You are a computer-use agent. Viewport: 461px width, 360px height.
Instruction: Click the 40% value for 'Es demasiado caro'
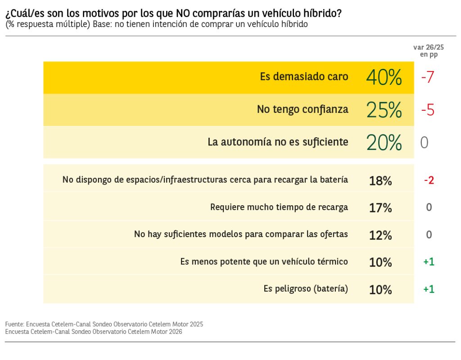click(x=384, y=77)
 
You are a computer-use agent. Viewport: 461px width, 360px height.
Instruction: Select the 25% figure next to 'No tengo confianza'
click(x=384, y=110)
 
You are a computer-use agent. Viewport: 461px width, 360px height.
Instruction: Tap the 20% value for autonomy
click(x=384, y=143)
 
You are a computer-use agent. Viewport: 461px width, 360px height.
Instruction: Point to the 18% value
click(x=380, y=181)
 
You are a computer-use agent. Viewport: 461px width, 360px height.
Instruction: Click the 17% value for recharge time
click(x=380, y=208)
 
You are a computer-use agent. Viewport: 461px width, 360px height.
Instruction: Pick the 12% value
click(x=380, y=235)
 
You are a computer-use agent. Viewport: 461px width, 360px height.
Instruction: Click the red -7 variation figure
click(x=427, y=77)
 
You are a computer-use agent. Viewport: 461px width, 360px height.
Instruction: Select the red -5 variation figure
click(x=427, y=110)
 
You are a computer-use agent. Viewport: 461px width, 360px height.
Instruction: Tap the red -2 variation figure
click(x=429, y=180)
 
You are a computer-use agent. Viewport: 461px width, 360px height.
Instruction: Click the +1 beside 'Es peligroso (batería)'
click(x=429, y=289)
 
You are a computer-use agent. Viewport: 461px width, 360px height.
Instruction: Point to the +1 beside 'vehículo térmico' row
click(x=429, y=262)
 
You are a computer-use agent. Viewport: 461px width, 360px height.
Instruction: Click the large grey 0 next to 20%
click(x=424, y=143)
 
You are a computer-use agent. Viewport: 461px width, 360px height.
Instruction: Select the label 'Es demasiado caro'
click(x=304, y=76)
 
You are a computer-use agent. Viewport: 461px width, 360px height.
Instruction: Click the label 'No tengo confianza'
click(x=303, y=109)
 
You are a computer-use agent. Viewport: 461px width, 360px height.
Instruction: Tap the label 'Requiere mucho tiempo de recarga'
click(x=279, y=207)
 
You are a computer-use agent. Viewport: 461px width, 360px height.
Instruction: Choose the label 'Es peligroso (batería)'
click(x=306, y=289)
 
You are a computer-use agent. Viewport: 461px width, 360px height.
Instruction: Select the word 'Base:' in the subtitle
click(x=102, y=24)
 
